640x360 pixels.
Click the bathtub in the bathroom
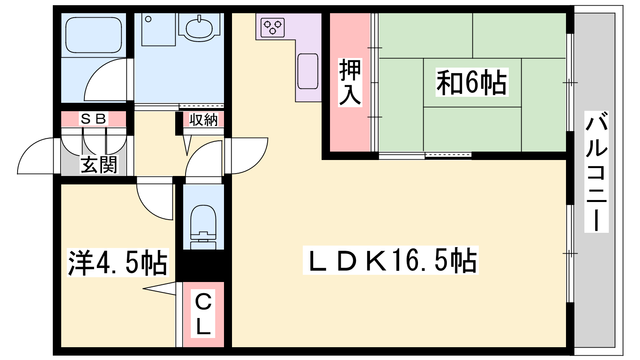(94, 35)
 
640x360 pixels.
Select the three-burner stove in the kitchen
(273, 28)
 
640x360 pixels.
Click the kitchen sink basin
(308, 71)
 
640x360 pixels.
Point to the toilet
(203, 227)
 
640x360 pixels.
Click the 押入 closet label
(350, 82)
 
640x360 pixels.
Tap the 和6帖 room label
(472, 82)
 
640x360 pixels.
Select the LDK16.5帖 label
(390, 260)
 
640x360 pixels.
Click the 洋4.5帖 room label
(118, 262)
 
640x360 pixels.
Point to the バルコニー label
(596, 172)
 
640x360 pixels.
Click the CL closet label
(203, 314)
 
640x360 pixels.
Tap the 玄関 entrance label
(99, 165)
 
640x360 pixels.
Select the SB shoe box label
(94, 119)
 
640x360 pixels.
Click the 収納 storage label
(204, 120)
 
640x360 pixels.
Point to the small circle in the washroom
(148, 19)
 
